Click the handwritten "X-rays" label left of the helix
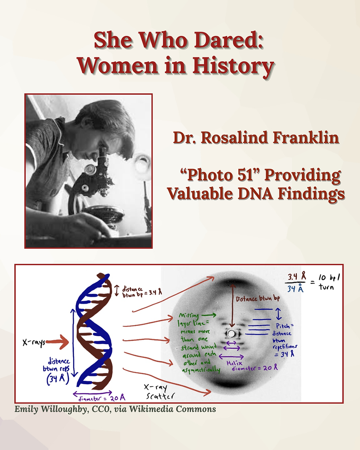[x=33, y=343]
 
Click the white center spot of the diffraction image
[x=232, y=334]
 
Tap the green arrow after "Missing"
[x=208, y=315]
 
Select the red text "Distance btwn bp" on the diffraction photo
[x=258, y=299]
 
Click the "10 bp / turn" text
[x=327, y=283]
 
